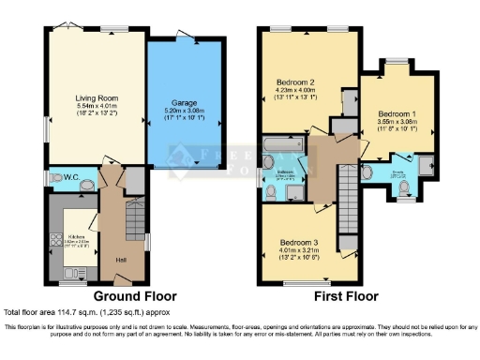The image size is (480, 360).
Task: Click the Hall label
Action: [120, 260]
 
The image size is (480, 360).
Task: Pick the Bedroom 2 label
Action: [294, 82]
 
